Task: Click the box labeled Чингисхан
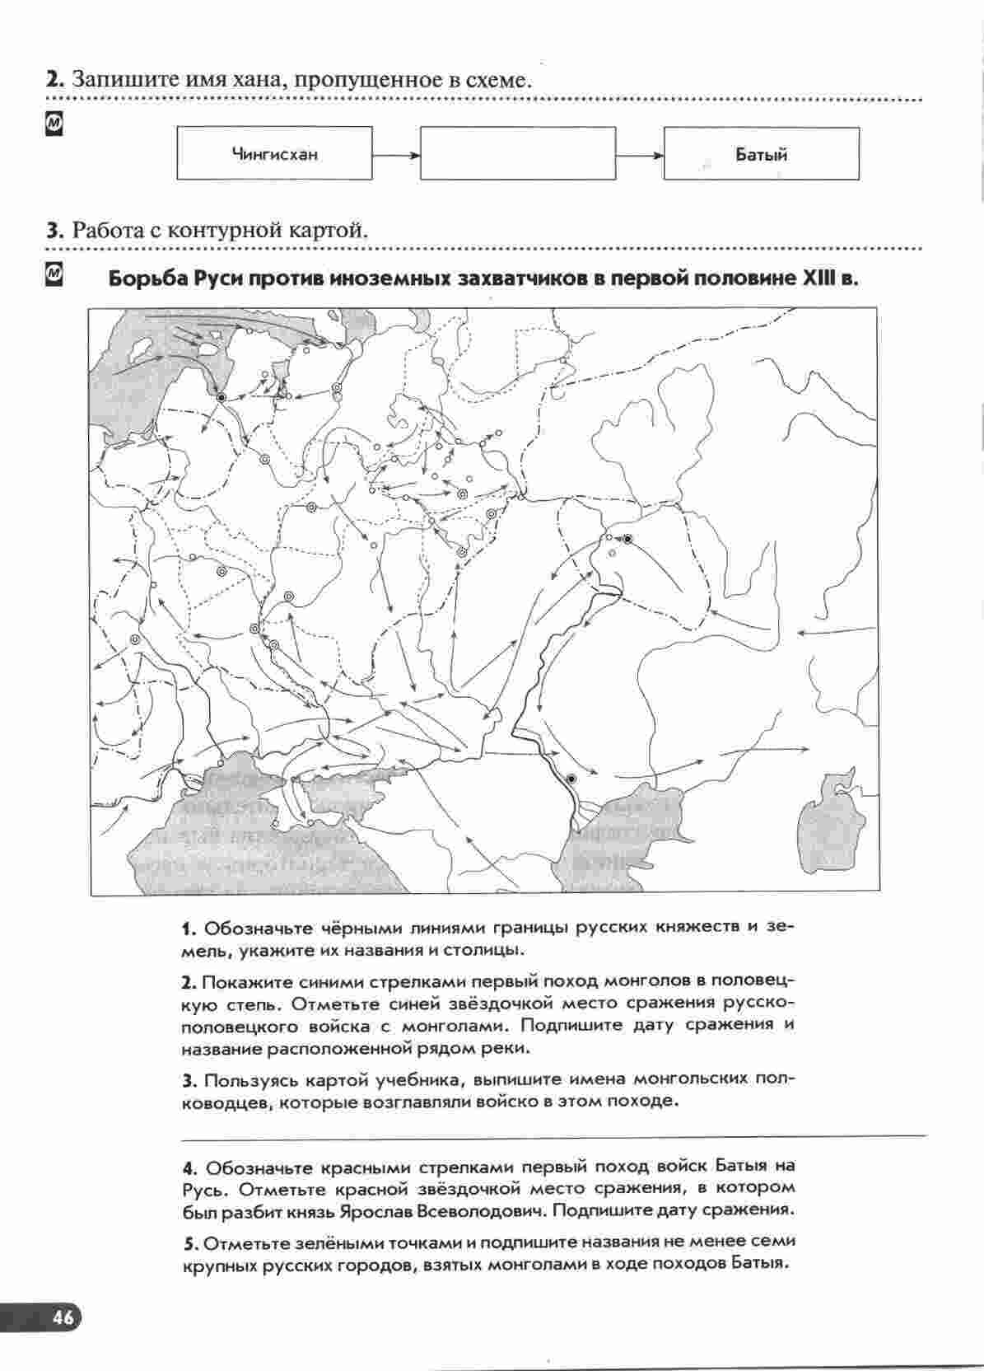click(x=274, y=153)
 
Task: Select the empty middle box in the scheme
click(x=517, y=153)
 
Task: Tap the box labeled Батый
click(x=761, y=153)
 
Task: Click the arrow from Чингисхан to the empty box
click(x=396, y=154)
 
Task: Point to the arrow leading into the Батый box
click(x=640, y=154)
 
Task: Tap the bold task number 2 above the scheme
click(x=54, y=80)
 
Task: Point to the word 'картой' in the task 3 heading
click(x=326, y=230)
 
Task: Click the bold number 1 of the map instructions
click(x=188, y=929)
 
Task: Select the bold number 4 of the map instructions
click(x=189, y=1168)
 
